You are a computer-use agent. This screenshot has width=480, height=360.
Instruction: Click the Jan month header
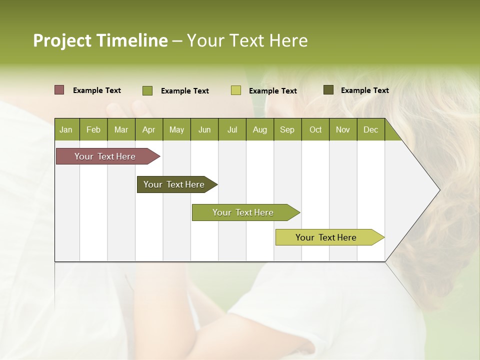[x=66, y=130]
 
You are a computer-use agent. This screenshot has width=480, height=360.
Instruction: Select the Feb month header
[x=93, y=130]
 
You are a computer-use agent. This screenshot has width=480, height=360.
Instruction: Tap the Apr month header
[x=148, y=130]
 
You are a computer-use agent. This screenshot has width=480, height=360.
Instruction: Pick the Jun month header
[x=204, y=130]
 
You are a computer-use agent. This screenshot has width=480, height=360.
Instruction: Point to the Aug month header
[x=259, y=130]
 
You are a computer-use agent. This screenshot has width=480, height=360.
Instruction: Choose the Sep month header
[x=287, y=130]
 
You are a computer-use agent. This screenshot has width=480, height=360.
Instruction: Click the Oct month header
[x=315, y=130]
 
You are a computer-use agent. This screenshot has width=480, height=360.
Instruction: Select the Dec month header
[x=370, y=130]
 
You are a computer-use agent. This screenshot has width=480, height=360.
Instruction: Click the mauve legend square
[x=59, y=90]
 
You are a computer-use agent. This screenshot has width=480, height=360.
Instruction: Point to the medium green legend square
[x=147, y=90]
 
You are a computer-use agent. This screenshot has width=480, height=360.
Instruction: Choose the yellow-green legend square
[x=236, y=90]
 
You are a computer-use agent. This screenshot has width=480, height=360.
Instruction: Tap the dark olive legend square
[x=328, y=90]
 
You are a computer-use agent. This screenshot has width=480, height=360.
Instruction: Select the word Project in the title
[x=62, y=40]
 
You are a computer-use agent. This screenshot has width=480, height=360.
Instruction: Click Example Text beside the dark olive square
[x=364, y=90]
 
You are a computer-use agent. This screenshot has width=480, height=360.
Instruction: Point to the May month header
[x=176, y=130]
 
